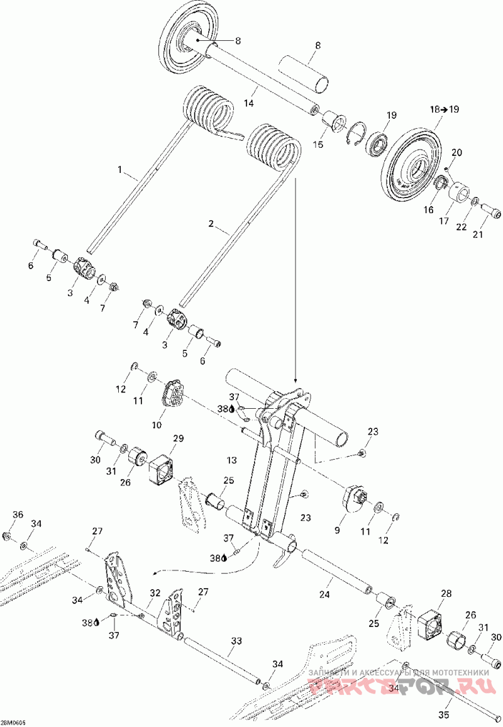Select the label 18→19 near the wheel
(x=445, y=109)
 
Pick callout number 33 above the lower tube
(x=236, y=641)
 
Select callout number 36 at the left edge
(x=18, y=514)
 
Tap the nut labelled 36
(x=7, y=536)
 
